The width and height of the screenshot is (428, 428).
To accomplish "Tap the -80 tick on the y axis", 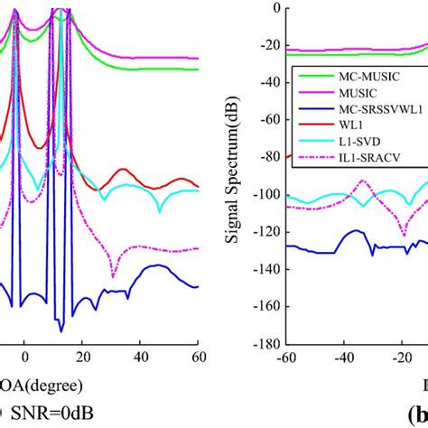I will [265, 157].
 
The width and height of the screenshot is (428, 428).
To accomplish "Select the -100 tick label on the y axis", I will [262, 194].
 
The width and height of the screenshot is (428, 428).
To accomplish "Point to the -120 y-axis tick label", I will [262, 232].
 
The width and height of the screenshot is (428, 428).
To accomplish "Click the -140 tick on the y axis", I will [262, 269].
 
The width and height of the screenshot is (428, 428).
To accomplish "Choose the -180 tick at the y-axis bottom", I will [262, 344].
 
